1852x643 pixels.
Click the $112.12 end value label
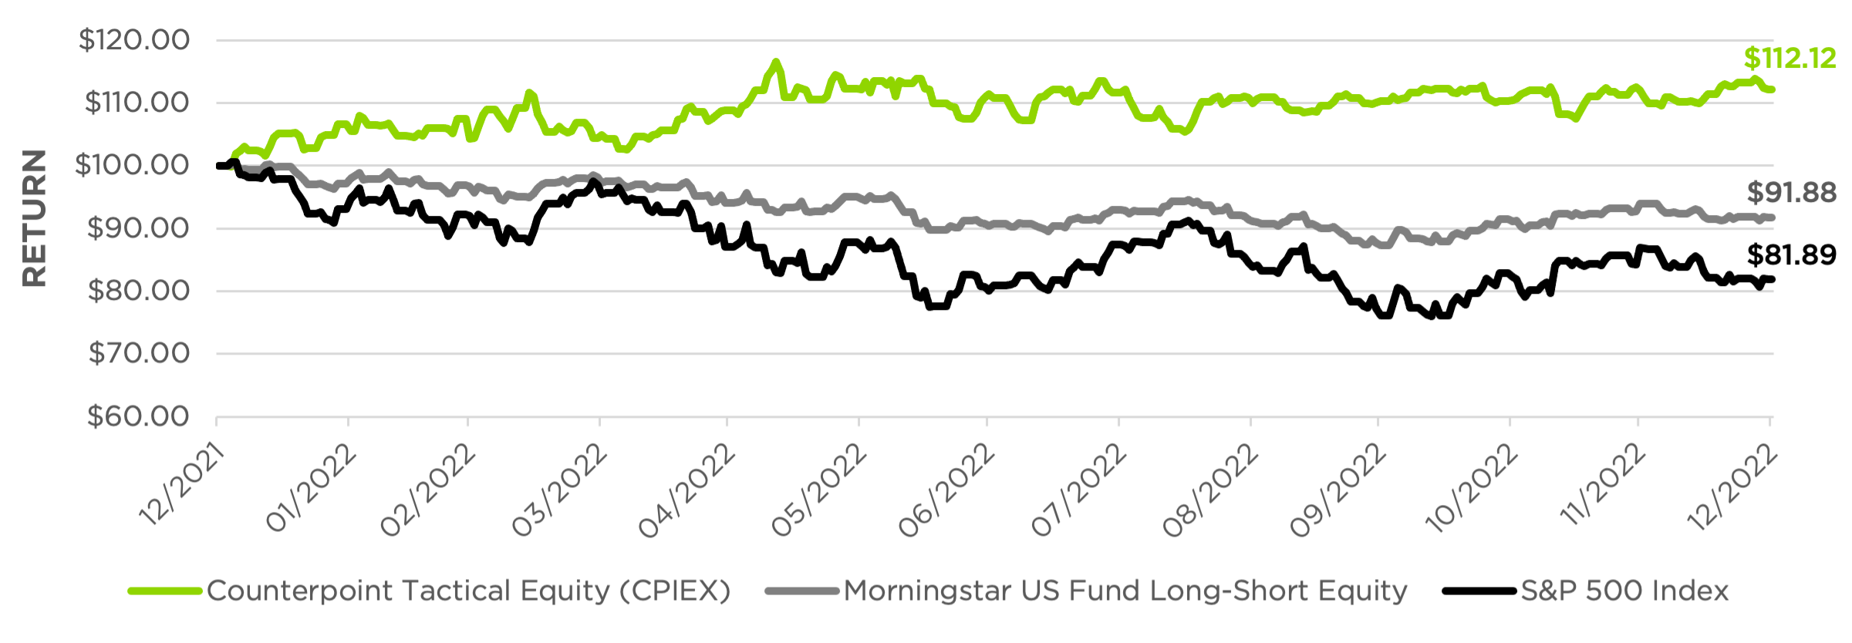coord(1790,59)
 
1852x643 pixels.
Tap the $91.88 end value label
coord(1791,193)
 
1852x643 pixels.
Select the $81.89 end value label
coord(1791,255)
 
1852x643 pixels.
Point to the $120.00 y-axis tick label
coord(133,40)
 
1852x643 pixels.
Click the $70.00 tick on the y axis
coord(139,354)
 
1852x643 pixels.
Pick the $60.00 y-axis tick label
coord(138,417)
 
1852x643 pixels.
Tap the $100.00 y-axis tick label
coord(132,165)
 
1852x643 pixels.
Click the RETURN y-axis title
coord(35,218)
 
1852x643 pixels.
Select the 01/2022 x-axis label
coord(312,489)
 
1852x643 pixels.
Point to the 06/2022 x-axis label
coord(946,490)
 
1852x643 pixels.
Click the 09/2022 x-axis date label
coord(1338,490)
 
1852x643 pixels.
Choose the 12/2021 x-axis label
coord(182,486)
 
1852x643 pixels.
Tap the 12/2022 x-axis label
coord(1732,489)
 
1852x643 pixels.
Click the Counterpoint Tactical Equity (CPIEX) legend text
coord(468,591)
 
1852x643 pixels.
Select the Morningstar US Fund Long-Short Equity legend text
coord(1125,591)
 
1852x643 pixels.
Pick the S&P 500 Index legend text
coord(1624,591)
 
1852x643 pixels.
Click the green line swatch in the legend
coord(165,591)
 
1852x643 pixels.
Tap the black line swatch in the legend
coord(1479,591)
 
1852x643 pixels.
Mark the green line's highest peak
coord(775,62)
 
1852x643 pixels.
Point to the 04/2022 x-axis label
coord(686,490)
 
